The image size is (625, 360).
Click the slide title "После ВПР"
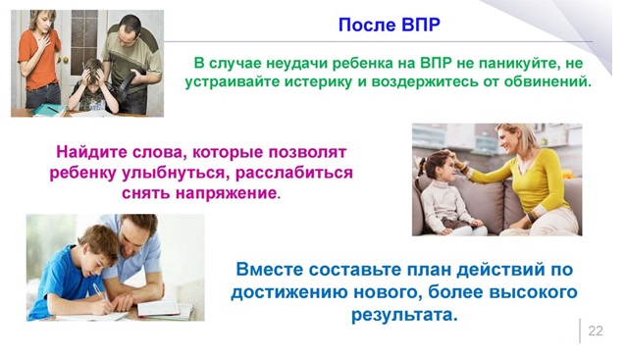click(x=389, y=25)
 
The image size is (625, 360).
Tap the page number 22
click(x=596, y=331)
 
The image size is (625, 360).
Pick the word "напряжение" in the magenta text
click(x=228, y=193)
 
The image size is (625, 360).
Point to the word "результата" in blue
click(x=404, y=315)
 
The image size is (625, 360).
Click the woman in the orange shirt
click(x=39, y=59)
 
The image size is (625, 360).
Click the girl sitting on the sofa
click(x=448, y=192)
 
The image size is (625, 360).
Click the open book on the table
click(x=165, y=309)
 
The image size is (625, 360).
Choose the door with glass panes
click(x=84, y=48)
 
